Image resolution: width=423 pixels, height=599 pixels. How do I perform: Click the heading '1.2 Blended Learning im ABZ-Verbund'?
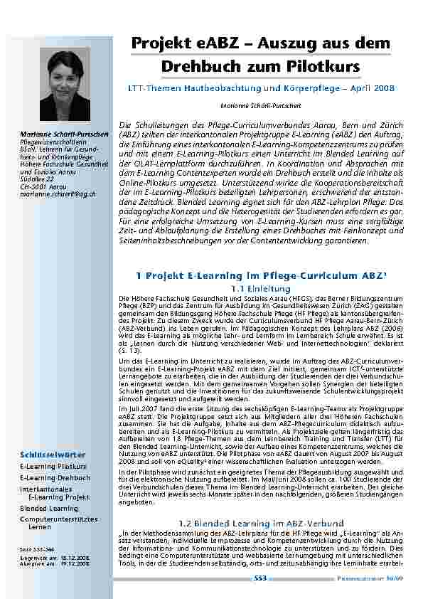click(x=261, y=523)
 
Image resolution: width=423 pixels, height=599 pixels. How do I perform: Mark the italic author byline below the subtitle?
click(x=260, y=104)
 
